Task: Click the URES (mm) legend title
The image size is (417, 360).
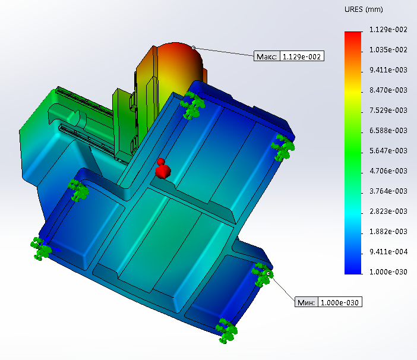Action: click(364, 10)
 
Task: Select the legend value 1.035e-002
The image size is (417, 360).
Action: click(388, 50)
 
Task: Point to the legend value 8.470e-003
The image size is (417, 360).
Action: click(388, 90)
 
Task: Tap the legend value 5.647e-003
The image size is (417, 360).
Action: click(388, 151)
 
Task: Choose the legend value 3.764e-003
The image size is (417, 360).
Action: click(388, 191)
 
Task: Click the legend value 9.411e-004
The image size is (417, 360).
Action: click(388, 252)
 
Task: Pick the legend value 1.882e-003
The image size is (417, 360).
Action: click(388, 232)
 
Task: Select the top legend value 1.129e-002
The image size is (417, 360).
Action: click(388, 30)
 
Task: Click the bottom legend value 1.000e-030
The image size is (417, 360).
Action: click(388, 272)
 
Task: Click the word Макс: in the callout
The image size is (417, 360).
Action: click(267, 56)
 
